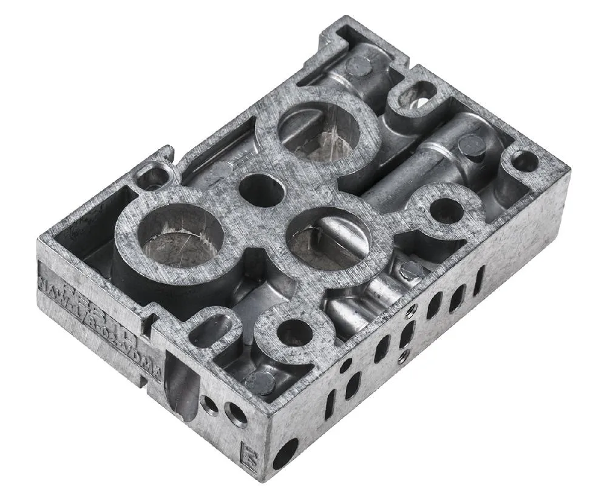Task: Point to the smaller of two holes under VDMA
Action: click(210, 404)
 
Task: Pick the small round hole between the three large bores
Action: click(261, 190)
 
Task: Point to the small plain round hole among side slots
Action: click(345, 366)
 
